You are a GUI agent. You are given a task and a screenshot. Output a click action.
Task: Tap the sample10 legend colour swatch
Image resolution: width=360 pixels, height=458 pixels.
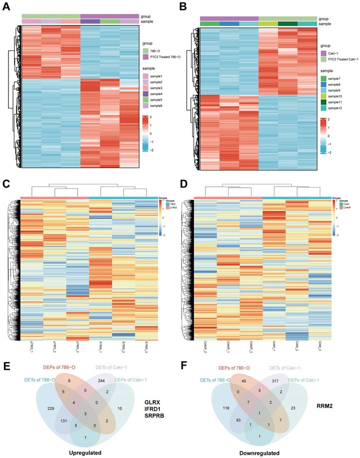(323, 95)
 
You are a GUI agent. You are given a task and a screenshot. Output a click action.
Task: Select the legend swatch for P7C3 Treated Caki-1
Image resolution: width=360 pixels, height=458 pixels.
(323, 59)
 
